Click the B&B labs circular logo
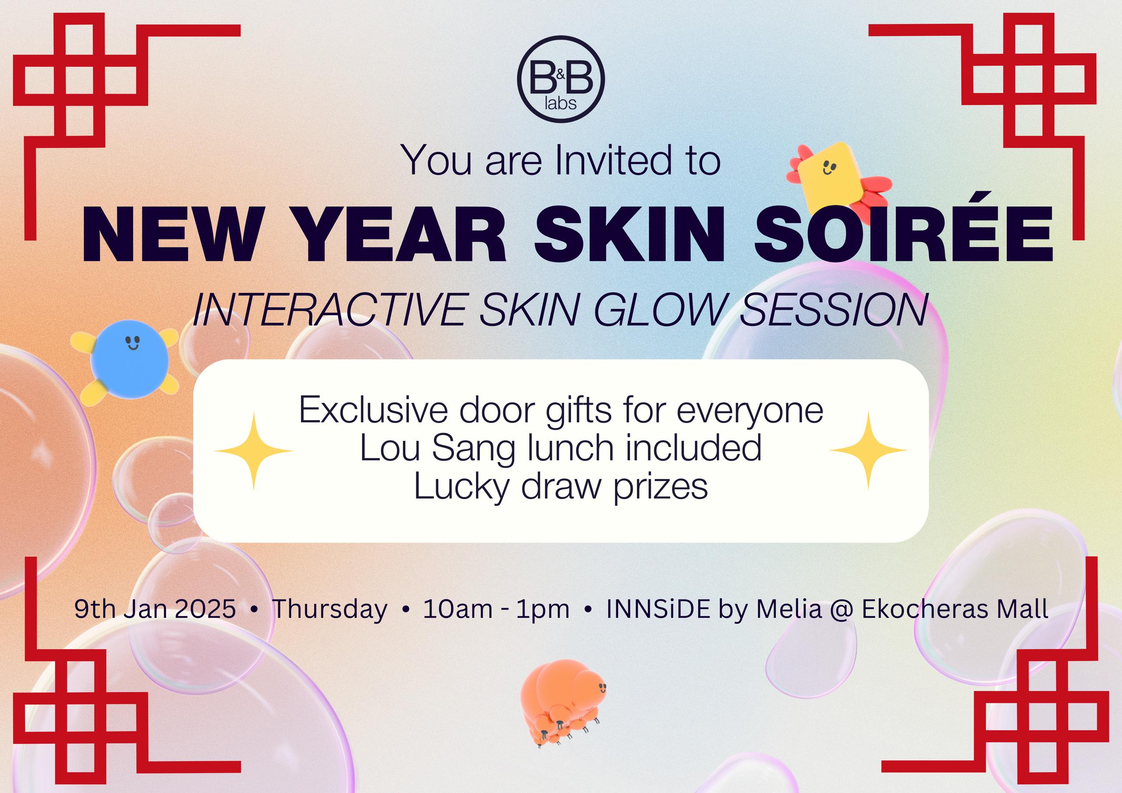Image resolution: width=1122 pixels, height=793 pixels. pos(561,80)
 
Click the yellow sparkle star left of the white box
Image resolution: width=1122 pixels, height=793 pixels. pos(253,451)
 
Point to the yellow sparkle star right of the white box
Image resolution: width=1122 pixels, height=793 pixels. pos(868,451)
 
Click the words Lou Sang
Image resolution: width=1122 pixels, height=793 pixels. pos(437,449)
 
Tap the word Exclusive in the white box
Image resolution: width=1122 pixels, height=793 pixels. pos(373,411)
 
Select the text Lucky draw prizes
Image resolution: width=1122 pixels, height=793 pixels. pos(561,487)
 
